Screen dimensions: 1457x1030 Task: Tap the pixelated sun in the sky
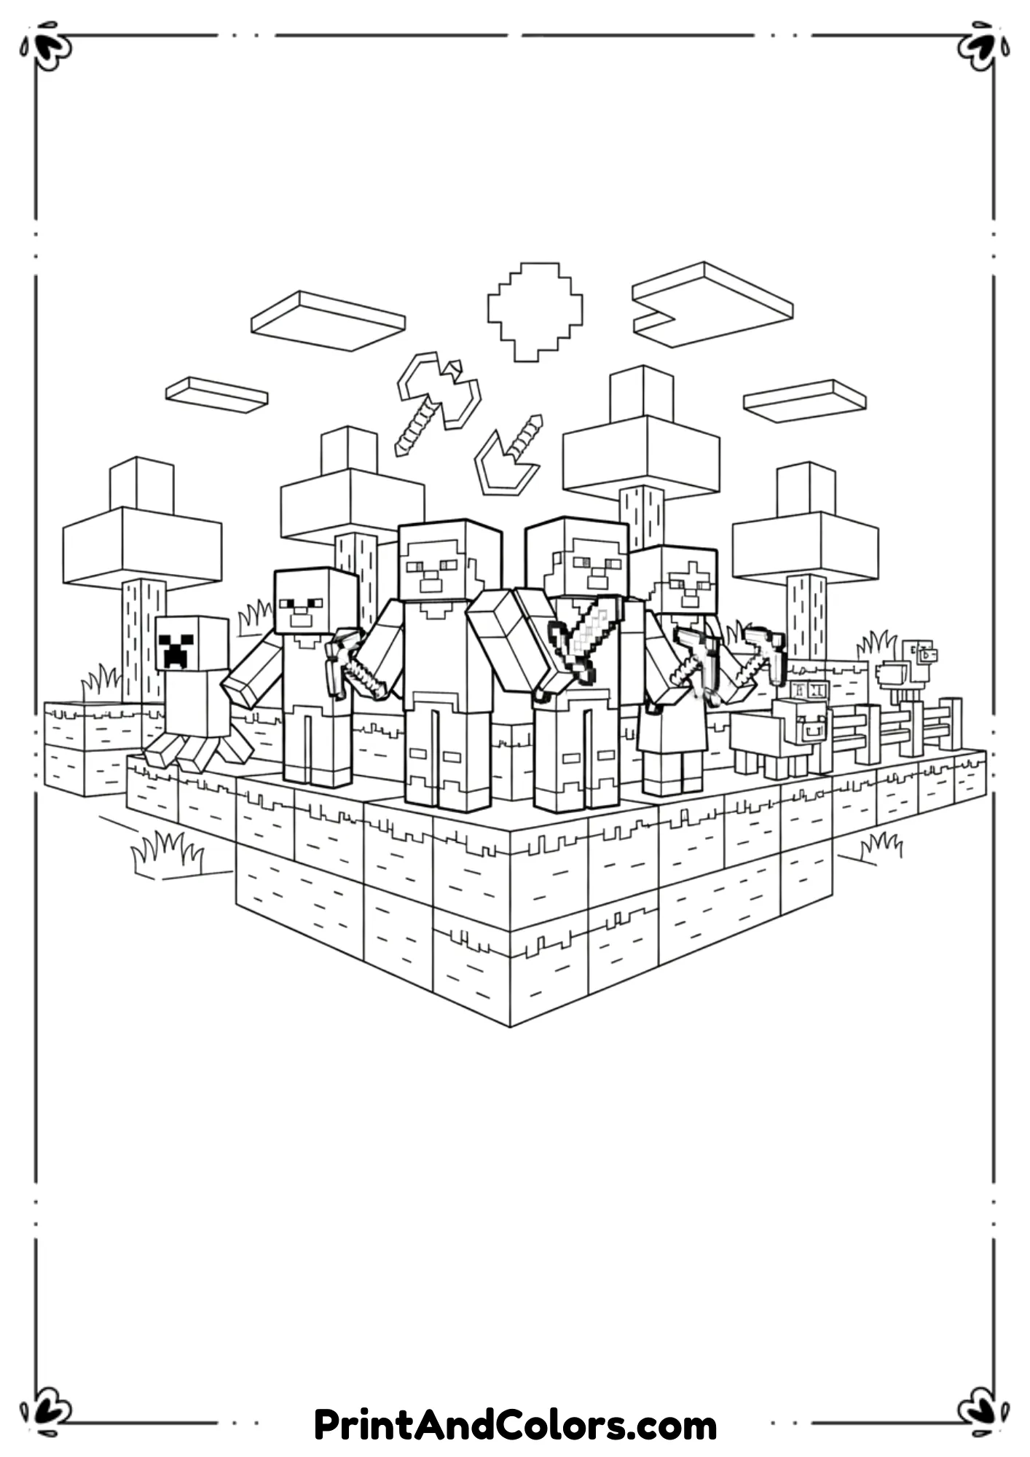(x=535, y=311)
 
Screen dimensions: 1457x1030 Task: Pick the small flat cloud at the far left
(x=216, y=394)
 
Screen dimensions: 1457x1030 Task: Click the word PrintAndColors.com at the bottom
(x=515, y=1425)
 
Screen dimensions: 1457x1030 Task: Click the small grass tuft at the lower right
(x=881, y=845)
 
